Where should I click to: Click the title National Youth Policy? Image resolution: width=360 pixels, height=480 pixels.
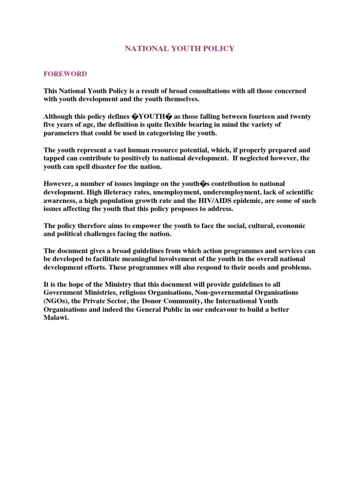180,49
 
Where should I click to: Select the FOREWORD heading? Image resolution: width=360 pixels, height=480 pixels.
65,74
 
